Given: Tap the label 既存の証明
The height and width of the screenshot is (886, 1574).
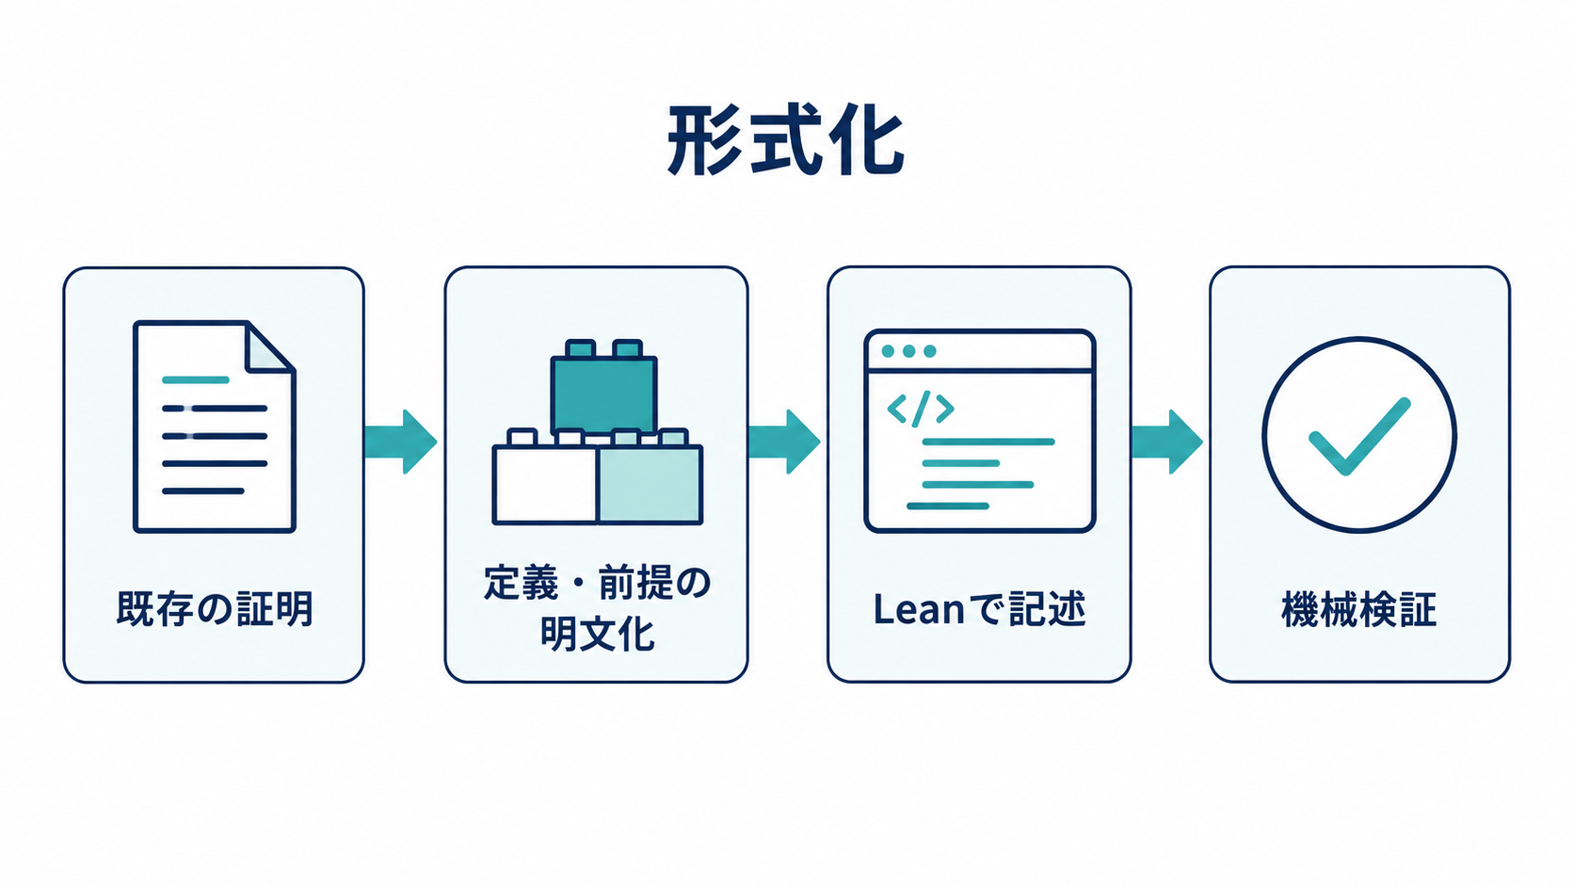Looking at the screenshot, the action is [215, 608].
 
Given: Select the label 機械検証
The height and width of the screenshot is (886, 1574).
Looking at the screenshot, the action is [1359, 608].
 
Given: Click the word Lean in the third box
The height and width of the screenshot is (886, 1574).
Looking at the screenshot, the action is [919, 609].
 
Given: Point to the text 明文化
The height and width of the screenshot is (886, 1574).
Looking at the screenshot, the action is [597, 634].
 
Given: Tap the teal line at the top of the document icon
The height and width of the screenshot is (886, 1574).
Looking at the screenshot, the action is [196, 380].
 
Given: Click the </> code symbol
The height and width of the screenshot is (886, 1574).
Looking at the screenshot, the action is [921, 409].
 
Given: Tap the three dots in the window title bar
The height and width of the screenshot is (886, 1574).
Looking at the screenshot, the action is [908, 350].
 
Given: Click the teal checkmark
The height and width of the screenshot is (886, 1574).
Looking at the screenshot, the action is [1359, 436].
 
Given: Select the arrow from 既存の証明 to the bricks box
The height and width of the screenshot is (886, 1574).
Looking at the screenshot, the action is [400, 442].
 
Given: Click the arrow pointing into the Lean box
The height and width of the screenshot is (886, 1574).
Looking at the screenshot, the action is [784, 442].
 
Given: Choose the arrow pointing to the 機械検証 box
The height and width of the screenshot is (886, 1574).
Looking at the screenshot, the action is [1167, 442].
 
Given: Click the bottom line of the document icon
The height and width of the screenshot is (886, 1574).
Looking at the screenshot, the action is [203, 491].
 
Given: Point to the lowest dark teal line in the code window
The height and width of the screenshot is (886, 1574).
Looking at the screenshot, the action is [948, 506].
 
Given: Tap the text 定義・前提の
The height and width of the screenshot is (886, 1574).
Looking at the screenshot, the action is [597, 583].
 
